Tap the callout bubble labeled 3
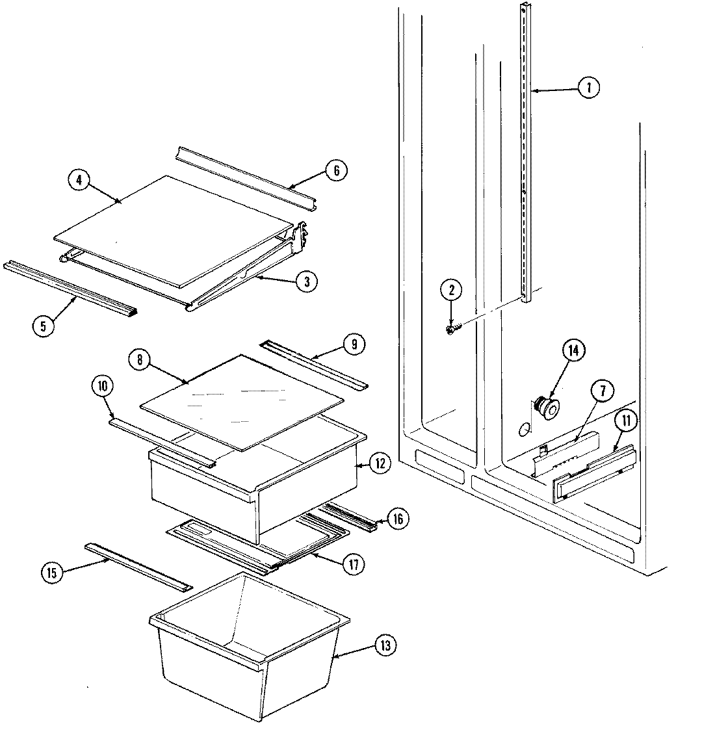(x=307, y=281)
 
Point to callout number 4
(x=79, y=180)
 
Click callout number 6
(x=335, y=171)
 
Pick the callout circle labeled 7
(x=602, y=391)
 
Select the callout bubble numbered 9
(x=354, y=344)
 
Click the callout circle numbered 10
(x=102, y=387)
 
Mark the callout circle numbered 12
(x=380, y=463)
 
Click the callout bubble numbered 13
(x=385, y=645)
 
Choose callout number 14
(x=573, y=351)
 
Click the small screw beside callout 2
(x=451, y=329)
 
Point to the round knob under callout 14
(x=545, y=408)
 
